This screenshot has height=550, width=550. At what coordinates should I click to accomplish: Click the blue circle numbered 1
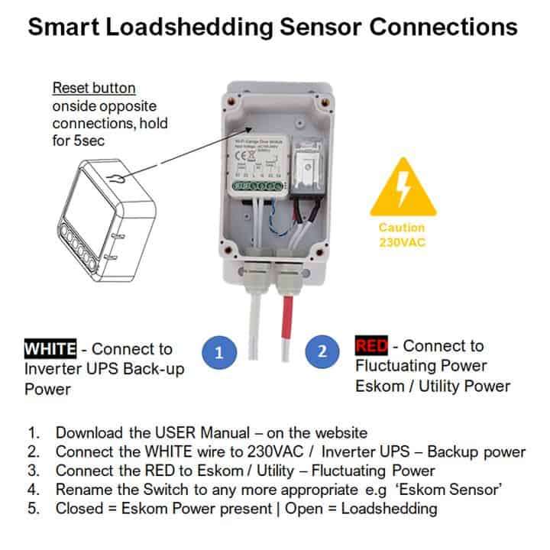tap(219, 352)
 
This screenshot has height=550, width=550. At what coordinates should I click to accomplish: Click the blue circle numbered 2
tap(322, 352)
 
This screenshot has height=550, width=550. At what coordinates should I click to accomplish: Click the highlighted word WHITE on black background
tap(50, 349)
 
